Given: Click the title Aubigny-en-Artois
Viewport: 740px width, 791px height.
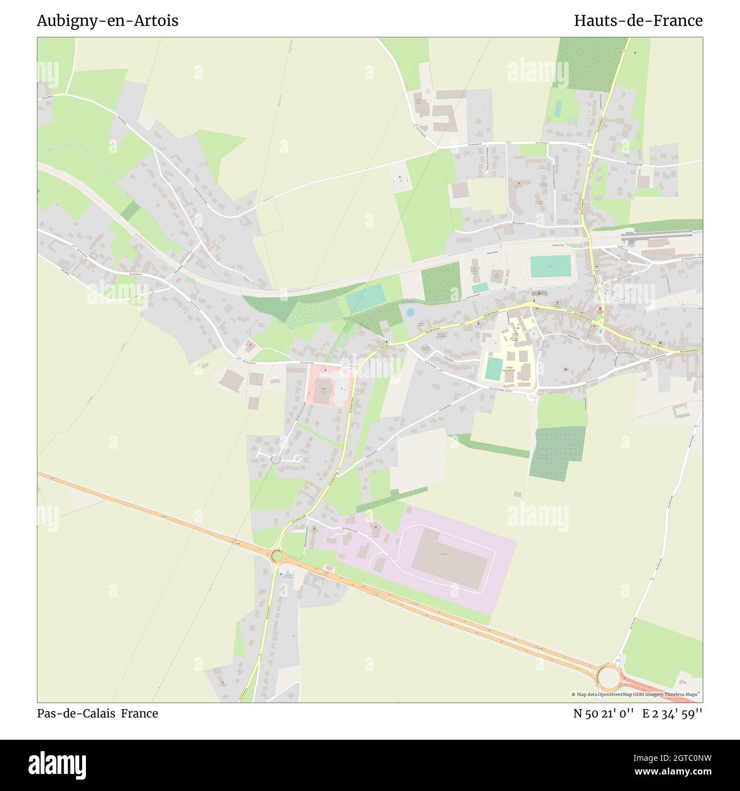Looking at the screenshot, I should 108,20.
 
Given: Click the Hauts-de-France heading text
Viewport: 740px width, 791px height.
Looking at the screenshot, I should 638,20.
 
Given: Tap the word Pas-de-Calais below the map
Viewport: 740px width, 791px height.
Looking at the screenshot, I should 76,713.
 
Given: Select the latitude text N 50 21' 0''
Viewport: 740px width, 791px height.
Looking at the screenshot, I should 603,713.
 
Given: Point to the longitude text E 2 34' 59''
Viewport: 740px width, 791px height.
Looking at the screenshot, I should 672,713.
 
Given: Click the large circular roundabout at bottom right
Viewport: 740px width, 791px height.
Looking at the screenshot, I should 609,678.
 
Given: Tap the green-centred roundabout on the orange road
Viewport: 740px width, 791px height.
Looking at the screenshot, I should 277,555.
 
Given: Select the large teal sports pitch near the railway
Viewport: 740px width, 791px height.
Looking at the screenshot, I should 550,266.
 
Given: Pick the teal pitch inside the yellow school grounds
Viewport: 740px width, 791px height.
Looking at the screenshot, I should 494,369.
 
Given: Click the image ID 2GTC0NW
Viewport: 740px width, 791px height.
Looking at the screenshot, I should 682,757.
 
